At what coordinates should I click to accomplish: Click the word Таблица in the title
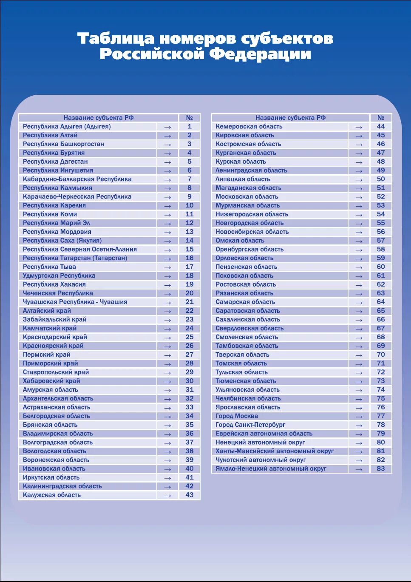point(116,39)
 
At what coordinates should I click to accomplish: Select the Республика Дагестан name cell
point(55,162)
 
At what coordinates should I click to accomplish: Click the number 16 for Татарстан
point(189,258)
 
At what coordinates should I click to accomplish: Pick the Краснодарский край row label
point(55,337)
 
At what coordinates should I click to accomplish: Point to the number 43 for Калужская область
point(189,495)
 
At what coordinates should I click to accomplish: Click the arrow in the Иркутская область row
point(167,478)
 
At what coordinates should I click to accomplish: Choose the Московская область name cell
point(247,197)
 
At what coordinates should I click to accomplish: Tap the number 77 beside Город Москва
point(380,416)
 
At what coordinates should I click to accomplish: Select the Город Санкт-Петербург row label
point(250,425)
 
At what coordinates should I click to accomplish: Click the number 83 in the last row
point(380,468)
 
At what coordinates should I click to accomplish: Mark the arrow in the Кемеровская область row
point(359,127)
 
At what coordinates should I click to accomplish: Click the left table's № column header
point(189,118)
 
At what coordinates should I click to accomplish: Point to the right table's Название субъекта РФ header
point(290,118)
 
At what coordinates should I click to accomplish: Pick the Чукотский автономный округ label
point(261,460)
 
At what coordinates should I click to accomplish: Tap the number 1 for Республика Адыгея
point(189,127)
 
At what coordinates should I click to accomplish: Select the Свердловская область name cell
point(249,328)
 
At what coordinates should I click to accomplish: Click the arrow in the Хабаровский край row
point(167,381)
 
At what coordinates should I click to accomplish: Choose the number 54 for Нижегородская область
point(380,214)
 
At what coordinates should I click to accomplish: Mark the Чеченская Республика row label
point(58,293)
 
